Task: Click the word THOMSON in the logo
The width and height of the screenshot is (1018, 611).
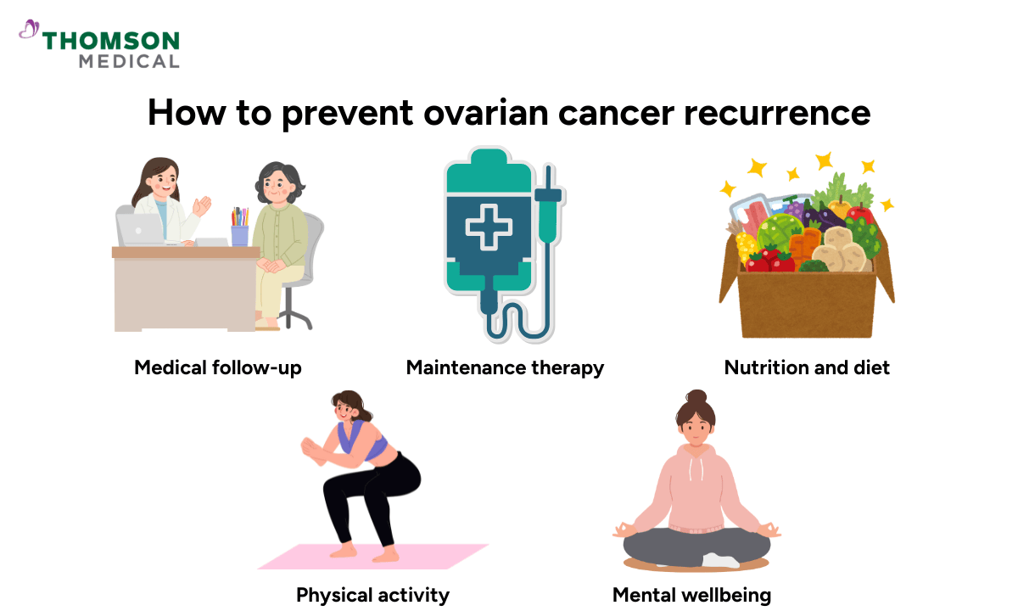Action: [x=111, y=41]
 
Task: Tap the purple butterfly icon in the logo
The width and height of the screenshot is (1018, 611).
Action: [x=29, y=31]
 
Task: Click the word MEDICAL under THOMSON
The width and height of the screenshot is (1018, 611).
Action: [x=129, y=61]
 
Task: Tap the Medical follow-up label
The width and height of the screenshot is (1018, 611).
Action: [x=218, y=368]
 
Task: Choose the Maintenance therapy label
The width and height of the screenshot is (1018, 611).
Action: [x=505, y=368]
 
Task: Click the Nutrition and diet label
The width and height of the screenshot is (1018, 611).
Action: [x=807, y=368]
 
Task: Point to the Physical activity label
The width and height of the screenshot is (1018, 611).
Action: [x=372, y=595]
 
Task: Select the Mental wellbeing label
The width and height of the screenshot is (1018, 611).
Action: [x=691, y=595]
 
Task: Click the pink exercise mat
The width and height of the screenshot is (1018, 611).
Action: [x=373, y=556]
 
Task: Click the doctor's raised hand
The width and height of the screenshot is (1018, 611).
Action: [x=201, y=206]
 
